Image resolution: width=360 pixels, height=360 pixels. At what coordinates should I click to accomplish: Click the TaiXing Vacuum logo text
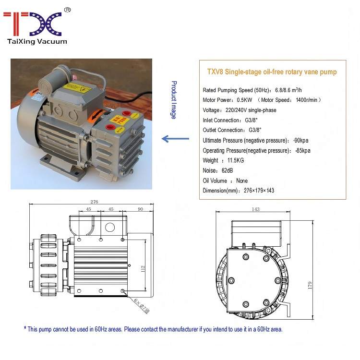point(37,41)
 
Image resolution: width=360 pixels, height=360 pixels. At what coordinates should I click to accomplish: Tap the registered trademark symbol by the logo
point(67,10)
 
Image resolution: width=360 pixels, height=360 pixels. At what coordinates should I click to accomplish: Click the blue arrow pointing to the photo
point(175,139)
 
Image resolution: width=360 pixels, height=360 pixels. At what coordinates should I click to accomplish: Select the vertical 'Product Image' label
point(174,100)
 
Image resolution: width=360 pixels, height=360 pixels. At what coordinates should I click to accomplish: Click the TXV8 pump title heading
point(272,72)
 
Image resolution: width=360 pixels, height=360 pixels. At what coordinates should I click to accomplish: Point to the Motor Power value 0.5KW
point(244,100)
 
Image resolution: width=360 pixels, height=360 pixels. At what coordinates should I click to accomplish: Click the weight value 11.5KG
point(236,160)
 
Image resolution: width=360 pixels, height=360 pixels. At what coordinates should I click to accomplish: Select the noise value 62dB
point(227,170)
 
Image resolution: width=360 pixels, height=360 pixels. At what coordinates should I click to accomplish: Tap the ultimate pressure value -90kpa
point(301,140)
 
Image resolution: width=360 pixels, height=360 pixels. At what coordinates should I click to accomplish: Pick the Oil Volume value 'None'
point(242,180)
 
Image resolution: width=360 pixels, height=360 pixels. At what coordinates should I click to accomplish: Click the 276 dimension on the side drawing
point(94,202)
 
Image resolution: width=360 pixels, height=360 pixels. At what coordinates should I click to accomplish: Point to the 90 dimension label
point(140,209)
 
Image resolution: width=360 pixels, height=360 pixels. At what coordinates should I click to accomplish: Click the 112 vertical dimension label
point(143,269)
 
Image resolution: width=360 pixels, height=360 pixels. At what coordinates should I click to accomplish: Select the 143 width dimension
point(255,209)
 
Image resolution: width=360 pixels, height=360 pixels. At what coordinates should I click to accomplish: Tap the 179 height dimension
point(310,285)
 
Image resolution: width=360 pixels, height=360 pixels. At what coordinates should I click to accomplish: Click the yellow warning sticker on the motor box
point(76,88)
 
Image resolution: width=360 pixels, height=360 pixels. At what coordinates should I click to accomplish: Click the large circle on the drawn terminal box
point(110,228)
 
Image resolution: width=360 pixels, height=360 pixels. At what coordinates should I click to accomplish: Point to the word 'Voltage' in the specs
point(211,110)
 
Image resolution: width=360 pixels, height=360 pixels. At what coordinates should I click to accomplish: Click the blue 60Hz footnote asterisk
point(25,328)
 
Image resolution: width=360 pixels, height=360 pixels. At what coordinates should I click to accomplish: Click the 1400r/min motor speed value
point(307,100)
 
